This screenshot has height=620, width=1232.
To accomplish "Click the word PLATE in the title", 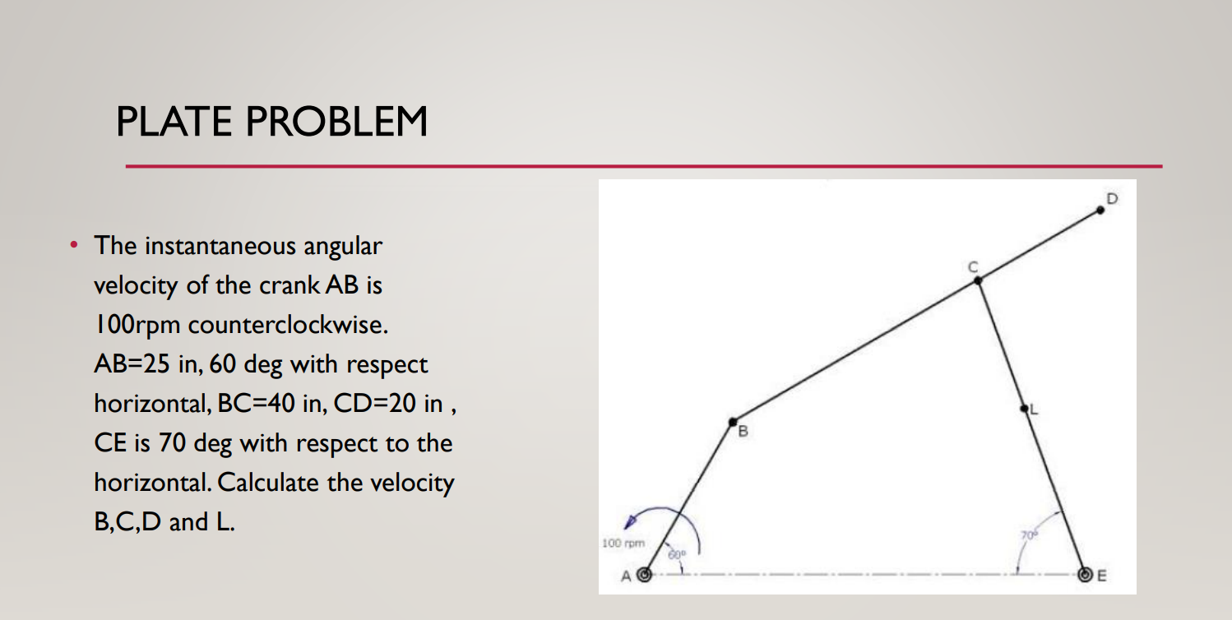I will point(174,122).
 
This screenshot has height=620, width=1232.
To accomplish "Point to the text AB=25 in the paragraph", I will point(128,364).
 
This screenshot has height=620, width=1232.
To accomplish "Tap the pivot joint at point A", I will point(646,575).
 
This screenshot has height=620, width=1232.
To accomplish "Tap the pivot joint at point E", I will point(1086,575).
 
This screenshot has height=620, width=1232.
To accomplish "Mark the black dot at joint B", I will point(733,423).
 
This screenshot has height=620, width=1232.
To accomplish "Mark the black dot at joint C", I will point(978,280).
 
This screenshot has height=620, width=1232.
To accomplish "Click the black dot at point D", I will point(1100,210).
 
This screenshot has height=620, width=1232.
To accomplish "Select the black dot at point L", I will point(1024,409).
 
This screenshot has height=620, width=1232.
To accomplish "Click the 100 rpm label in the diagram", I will point(622,544).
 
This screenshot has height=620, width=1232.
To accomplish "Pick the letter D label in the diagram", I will point(1112,198).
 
